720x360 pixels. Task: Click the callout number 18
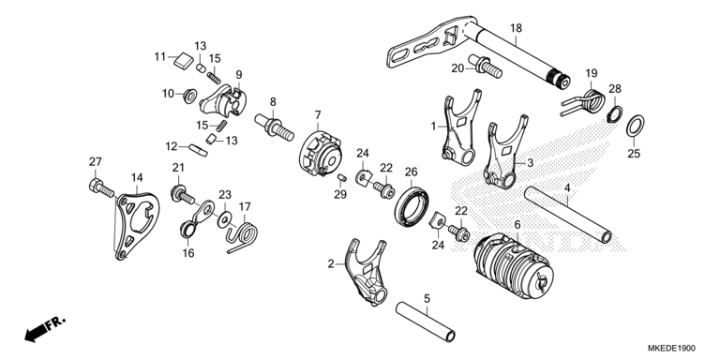tap(516, 28)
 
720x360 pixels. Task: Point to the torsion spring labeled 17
tap(241, 234)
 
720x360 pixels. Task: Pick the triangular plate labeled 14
tap(136, 225)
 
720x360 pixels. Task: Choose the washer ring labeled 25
tap(635, 126)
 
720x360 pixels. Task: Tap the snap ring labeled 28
tap(614, 114)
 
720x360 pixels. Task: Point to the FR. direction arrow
tap(45, 328)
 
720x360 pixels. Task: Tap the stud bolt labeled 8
tap(275, 127)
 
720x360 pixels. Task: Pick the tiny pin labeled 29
tap(341, 178)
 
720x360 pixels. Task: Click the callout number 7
tap(318, 114)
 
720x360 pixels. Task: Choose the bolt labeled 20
tap(485, 67)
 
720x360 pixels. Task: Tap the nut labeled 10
tap(189, 96)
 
